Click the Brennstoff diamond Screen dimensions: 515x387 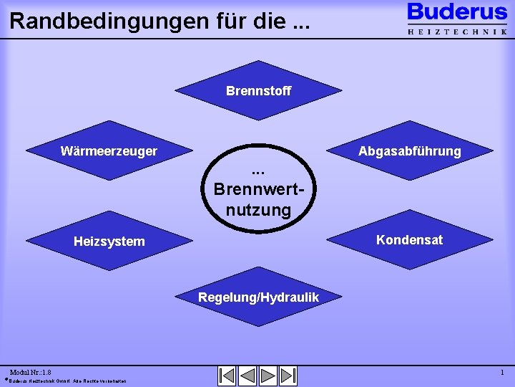(x=258, y=91)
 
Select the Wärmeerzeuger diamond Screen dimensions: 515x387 (x=109, y=151)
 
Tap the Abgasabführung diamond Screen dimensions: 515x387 (x=410, y=151)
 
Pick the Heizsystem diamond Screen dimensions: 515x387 (x=109, y=242)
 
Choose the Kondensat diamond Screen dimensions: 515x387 (x=410, y=239)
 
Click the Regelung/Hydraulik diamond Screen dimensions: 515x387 (x=258, y=297)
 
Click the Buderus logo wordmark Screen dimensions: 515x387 (x=457, y=13)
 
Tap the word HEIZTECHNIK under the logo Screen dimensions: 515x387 (x=457, y=32)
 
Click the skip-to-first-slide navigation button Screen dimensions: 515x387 (x=227, y=376)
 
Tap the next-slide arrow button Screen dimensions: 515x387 (x=268, y=376)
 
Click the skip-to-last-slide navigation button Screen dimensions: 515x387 (x=288, y=376)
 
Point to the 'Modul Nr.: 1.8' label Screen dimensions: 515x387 (x=30, y=373)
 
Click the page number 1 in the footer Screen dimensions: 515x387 (x=502, y=373)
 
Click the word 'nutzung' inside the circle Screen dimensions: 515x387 (x=258, y=210)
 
